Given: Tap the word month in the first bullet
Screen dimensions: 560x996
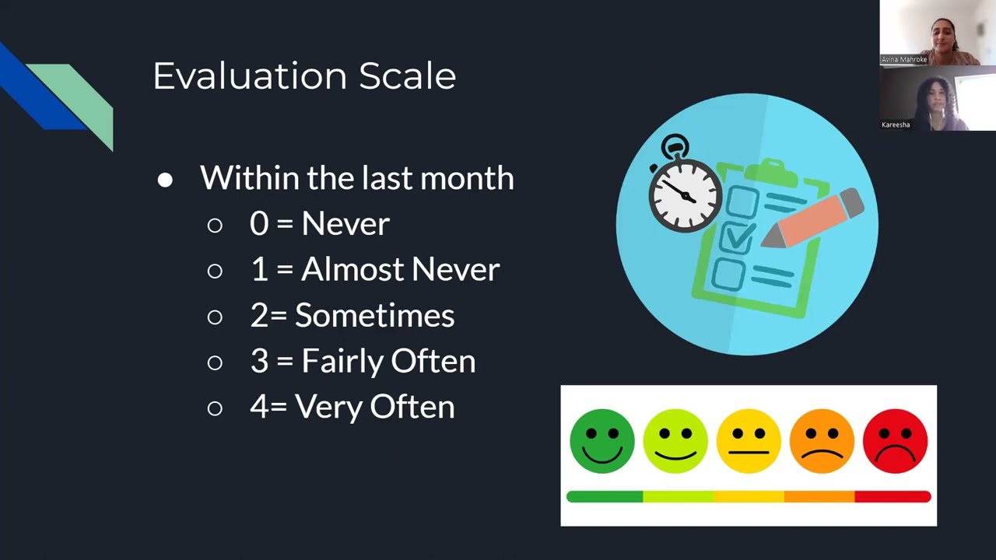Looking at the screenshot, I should point(467,178).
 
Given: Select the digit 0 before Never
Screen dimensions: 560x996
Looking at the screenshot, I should point(259,224).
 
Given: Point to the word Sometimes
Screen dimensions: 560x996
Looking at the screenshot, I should point(374,316).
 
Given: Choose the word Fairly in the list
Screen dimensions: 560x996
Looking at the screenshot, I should point(342,362).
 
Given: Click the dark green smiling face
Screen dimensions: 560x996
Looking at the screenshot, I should point(601,441).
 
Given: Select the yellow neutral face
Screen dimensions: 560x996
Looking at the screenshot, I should point(749,441).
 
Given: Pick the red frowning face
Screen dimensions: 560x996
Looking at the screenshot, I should point(895,441).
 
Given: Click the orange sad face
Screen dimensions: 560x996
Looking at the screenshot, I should point(822,441).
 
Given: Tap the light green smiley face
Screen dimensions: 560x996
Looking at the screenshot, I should point(675,441).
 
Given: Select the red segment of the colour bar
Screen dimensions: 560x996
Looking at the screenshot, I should point(893,496).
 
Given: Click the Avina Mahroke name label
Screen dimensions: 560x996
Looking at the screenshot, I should point(903,59).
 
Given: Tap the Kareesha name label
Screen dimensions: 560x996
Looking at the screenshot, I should point(896,124).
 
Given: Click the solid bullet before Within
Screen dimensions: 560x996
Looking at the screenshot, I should point(165,180).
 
